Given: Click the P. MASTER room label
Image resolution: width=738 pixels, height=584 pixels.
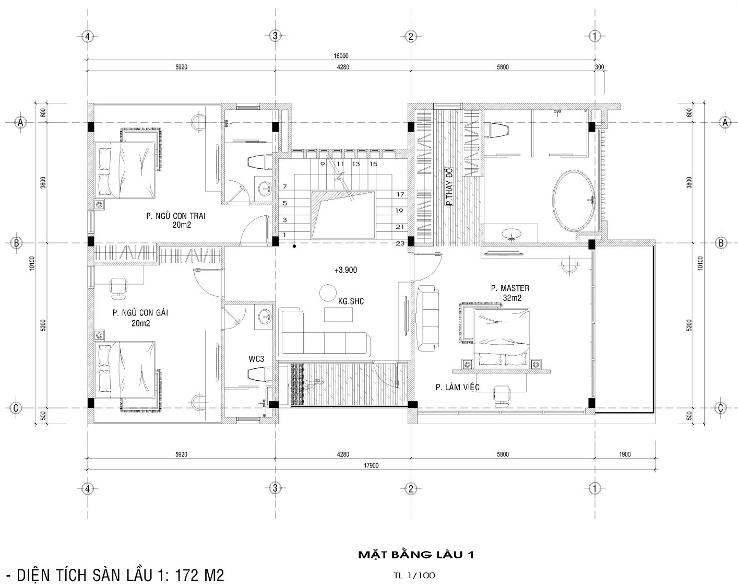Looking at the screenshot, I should tap(509, 288).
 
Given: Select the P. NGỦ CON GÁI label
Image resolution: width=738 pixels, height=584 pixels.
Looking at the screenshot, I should tap(140, 313).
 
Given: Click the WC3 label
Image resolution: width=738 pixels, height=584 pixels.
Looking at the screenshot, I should tap(256, 359).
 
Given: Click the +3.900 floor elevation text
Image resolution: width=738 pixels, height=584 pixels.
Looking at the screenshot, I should tap(346, 270).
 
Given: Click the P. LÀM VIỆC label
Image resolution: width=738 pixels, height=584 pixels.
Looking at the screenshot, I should tap(457, 387).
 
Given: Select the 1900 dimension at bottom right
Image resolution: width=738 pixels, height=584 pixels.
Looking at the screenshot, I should tap(624, 454).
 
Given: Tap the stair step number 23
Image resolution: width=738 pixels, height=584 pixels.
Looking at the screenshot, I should tap(400, 243).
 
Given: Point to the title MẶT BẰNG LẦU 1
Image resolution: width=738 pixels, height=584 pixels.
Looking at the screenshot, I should tap(415, 554).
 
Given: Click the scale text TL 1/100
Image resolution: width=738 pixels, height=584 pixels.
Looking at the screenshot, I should tap(415, 576).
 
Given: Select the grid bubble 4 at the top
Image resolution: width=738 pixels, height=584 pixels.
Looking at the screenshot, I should tap(88, 36).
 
